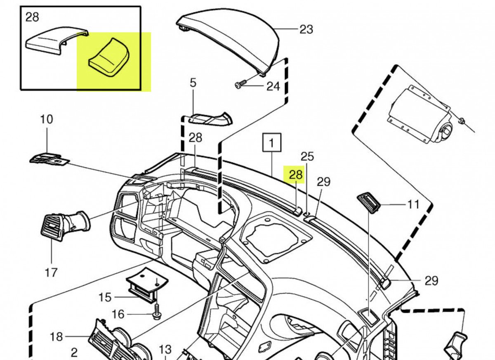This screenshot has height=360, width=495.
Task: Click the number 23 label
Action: [x=306, y=29]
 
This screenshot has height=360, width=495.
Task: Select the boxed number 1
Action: [x=272, y=143]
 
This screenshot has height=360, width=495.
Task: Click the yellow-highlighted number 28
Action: [x=296, y=175]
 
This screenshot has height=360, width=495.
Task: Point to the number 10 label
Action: [x=47, y=119]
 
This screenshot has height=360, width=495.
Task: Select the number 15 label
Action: [x=105, y=297]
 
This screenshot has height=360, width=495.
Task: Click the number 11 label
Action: [x=413, y=204]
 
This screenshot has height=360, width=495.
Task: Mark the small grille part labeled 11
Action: [x=368, y=203]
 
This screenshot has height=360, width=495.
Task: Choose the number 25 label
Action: [x=307, y=156]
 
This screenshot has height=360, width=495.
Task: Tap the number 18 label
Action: [x=57, y=336]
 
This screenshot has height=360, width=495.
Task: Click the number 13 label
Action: [x=165, y=349]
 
